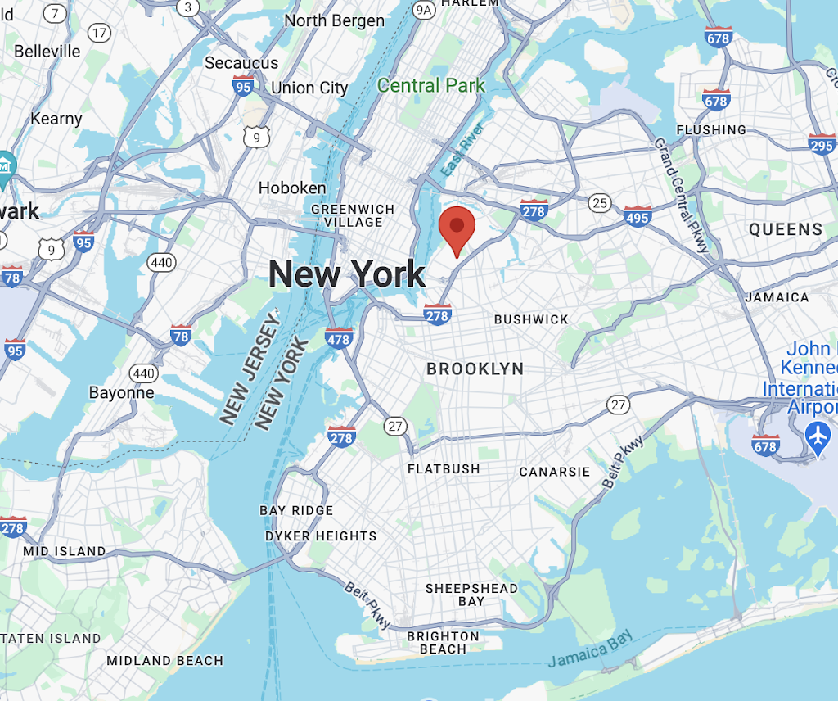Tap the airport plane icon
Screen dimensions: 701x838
coord(818,436)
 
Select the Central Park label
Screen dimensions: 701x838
coord(431,85)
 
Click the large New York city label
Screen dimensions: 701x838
coord(347,274)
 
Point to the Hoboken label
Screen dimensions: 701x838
coord(292,188)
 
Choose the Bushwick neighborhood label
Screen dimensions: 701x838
coord(531,319)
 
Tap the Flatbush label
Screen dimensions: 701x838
coord(444,469)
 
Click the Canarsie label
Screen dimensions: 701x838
coord(555,472)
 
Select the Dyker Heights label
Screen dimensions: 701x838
coord(321,536)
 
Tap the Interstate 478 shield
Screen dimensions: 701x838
coord(339,336)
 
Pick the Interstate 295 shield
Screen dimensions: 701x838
coord(822,144)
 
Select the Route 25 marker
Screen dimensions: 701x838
coord(601,202)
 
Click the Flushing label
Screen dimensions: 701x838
coord(711,129)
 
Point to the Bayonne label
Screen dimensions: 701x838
coord(121,392)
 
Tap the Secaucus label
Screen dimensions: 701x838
coord(241,63)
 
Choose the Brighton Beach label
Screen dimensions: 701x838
coord(443,643)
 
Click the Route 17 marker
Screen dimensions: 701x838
coord(100,33)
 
